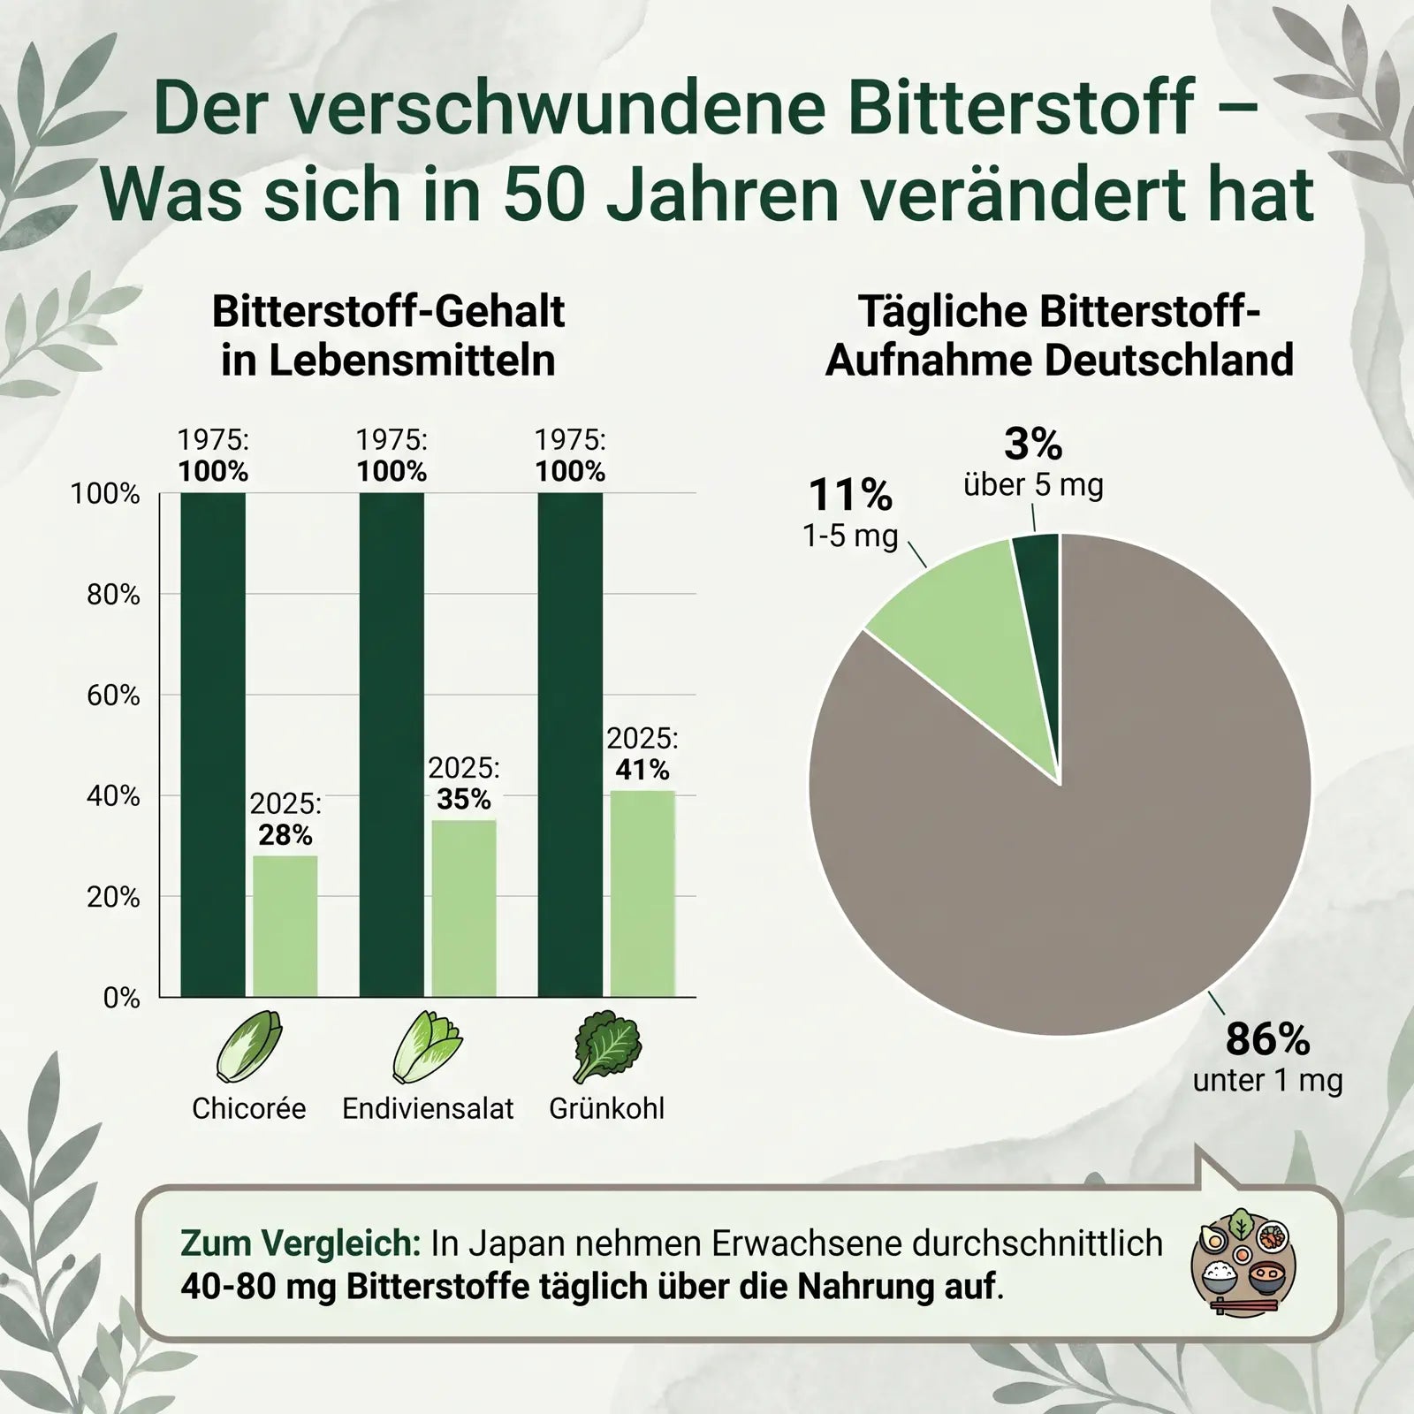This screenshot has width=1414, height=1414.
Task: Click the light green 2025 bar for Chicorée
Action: tap(285, 926)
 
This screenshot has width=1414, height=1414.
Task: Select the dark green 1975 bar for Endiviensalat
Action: tap(392, 745)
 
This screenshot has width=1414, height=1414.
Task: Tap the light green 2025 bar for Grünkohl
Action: tap(642, 893)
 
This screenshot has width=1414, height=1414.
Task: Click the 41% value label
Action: tap(642, 770)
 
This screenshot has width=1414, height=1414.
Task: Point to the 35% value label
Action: tap(464, 799)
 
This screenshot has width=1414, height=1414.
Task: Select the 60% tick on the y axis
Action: tap(113, 696)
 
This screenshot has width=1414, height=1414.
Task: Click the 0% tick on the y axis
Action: tap(122, 998)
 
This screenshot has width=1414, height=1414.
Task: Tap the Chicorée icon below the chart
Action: tap(249, 1048)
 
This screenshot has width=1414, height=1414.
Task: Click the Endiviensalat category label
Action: tap(428, 1108)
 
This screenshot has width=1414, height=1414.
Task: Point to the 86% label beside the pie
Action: tap(1267, 1039)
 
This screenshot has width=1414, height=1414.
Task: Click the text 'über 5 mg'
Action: tap(1033, 484)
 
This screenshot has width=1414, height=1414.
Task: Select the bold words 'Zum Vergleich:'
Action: tap(300, 1243)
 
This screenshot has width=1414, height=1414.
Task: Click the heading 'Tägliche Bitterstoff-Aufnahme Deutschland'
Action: tap(1060, 336)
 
